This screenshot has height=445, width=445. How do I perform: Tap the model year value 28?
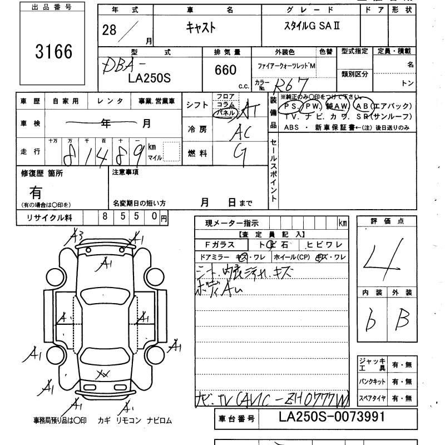click(110, 30)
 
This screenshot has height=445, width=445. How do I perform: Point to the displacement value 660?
click(225, 70)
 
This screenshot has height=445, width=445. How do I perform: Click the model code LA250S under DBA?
click(149, 78)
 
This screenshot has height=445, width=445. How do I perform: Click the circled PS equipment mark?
click(291, 106)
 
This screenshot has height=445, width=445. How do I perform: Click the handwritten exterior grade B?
click(401, 319)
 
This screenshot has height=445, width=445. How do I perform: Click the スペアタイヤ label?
click(372, 398)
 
